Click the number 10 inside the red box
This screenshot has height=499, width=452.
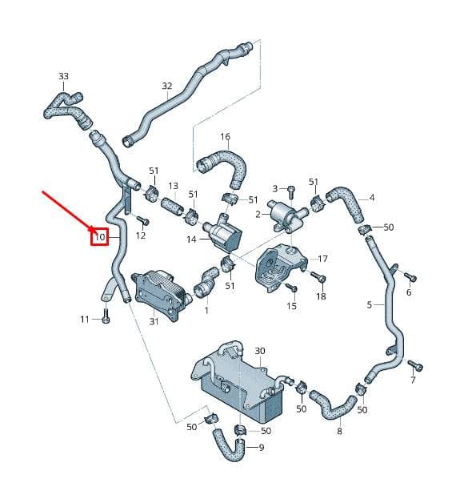click(100, 237)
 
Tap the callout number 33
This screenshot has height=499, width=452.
click(63, 76)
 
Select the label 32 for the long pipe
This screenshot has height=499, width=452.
click(167, 86)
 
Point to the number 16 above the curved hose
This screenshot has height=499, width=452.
click(225, 137)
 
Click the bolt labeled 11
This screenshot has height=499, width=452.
click(106, 316)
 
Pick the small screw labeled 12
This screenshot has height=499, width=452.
click(142, 220)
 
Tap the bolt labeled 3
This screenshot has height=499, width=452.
click(290, 192)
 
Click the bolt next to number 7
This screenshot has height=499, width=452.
click(415, 366)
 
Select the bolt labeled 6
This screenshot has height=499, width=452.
click(410, 276)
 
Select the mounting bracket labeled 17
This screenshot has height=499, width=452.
click(280, 267)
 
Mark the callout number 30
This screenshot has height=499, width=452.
click(260, 351)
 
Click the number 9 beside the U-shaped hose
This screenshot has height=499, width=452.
click(262, 448)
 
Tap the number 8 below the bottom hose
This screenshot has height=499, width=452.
click(339, 432)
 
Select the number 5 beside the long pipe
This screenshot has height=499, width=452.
click(370, 305)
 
